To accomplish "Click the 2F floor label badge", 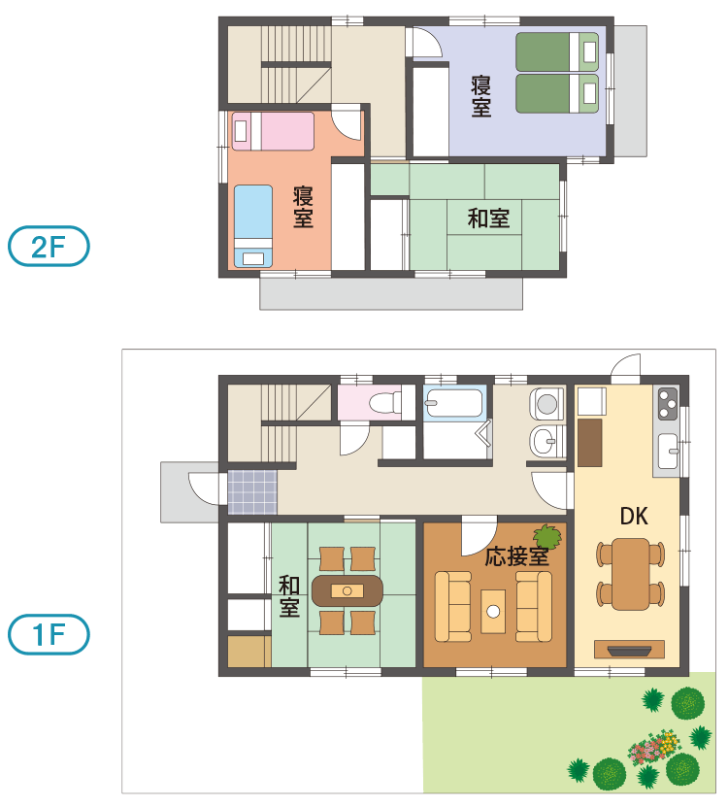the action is coord(49,246).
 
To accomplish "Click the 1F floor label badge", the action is coord(49,634).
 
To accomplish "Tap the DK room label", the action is coord(634,517).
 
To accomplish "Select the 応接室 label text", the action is coord(516,556).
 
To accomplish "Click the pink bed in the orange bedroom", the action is coord(273,131).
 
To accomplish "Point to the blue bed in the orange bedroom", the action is coord(253,226).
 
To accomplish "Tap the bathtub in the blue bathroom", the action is coord(454,403).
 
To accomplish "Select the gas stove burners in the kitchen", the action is coord(668,404).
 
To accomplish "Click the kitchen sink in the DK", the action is coord(668,451).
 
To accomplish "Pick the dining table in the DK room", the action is coord(630,574).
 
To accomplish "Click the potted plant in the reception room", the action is coord(547,537).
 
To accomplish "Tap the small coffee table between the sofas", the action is coord(493,612).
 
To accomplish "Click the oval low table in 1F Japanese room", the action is coord(347,590).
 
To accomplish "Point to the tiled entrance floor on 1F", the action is coord(252,492).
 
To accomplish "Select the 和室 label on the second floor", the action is coord(488,219).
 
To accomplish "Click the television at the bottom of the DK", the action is coord(629,650).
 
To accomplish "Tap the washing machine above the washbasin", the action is coord(546,403).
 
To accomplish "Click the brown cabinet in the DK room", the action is coord(589,443).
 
